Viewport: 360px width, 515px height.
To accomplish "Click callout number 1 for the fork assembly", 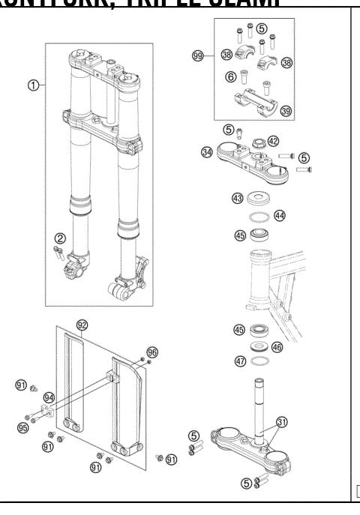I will click(33, 85).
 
